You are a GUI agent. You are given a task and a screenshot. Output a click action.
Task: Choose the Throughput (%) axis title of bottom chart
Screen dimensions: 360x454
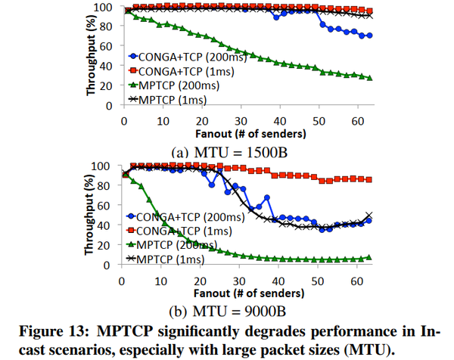91,214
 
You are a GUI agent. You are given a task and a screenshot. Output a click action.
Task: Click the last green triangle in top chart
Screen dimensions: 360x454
369,78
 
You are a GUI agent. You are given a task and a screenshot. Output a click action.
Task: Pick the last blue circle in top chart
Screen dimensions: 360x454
369,36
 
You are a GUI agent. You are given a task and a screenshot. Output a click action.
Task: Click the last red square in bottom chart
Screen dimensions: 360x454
369,179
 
